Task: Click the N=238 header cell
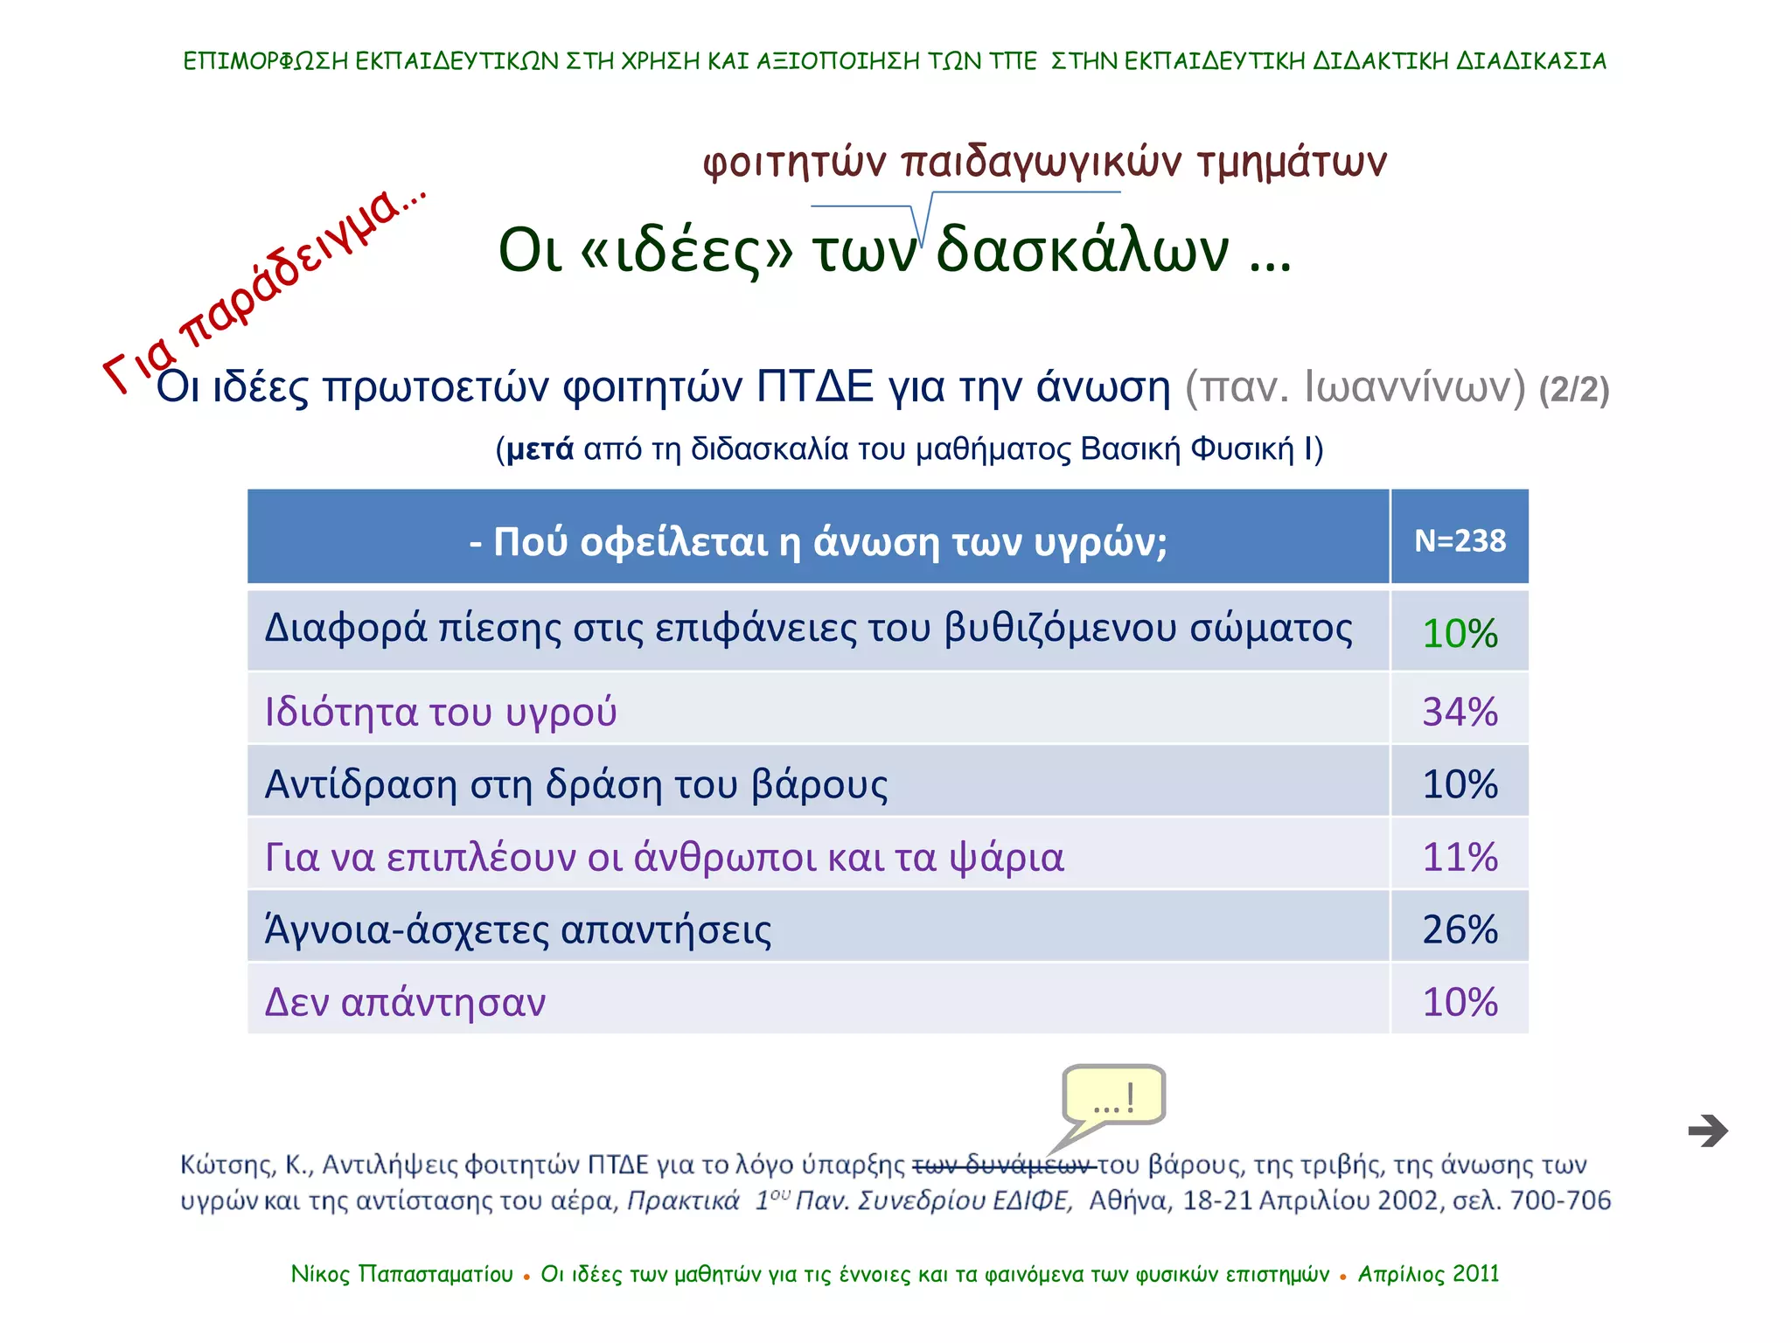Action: pos(1460,540)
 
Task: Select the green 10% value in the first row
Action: pos(1460,633)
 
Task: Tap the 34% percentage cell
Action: pos(1460,711)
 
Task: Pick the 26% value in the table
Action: pos(1460,929)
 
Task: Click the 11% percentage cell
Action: pos(1460,856)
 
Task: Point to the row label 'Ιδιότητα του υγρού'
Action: pos(441,711)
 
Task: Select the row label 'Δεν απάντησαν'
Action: pos(405,1002)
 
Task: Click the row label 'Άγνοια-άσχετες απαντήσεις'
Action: pos(518,929)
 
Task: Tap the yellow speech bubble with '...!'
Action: pos(1113,1096)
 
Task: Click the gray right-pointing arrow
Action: pos(1708,1131)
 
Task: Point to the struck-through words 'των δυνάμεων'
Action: pos(1004,1166)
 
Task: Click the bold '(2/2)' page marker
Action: pos(1574,389)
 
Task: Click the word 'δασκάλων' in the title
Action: pos(1083,250)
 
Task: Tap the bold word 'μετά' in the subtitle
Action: pos(540,449)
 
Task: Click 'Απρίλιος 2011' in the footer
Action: pos(1428,1274)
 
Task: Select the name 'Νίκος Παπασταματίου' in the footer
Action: pos(402,1274)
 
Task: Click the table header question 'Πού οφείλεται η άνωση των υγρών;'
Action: pos(818,542)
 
